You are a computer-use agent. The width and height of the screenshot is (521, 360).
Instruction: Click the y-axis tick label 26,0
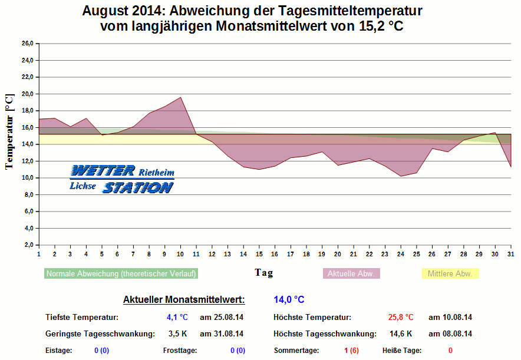pyautogui.click(x=27, y=44)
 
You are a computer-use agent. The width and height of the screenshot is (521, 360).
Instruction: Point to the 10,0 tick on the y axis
pyautogui.click(x=27, y=178)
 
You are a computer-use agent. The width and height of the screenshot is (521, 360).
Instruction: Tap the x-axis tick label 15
pyautogui.click(x=259, y=254)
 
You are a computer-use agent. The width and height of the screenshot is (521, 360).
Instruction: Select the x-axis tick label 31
pyautogui.click(x=510, y=254)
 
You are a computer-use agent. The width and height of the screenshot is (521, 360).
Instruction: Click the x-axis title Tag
pyautogui.click(x=263, y=272)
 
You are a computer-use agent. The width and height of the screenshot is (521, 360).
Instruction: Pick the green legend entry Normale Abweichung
pyautogui.click(x=121, y=274)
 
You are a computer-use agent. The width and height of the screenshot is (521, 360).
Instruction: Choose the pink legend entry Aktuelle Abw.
pyautogui.click(x=351, y=274)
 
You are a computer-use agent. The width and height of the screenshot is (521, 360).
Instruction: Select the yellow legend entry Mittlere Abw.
pyautogui.click(x=451, y=274)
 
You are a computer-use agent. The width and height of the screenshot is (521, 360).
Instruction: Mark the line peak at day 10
pyautogui.click(x=180, y=97)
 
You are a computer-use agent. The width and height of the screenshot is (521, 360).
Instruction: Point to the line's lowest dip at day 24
pyautogui.click(x=401, y=176)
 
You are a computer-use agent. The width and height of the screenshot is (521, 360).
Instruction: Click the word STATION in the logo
pyautogui.click(x=138, y=188)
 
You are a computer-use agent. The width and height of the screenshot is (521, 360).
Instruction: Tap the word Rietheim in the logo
pyautogui.click(x=156, y=173)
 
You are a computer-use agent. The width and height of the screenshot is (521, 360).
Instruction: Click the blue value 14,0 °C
pyautogui.click(x=289, y=300)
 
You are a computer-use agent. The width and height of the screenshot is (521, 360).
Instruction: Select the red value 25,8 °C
pyautogui.click(x=401, y=318)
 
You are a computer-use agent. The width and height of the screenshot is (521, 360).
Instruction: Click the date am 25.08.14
pyautogui.click(x=222, y=318)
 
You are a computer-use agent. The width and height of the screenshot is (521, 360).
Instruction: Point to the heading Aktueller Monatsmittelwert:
pyautogui.click(x=184, y=300)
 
